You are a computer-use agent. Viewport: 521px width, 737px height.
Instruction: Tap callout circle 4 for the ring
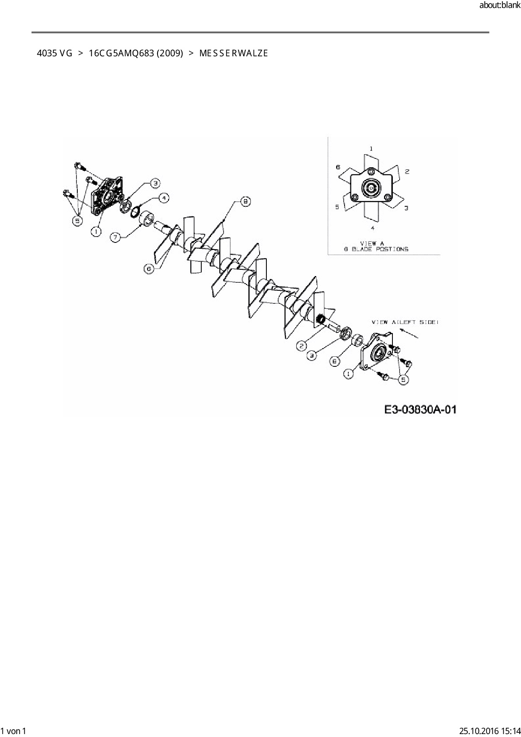click(x=164, y=197)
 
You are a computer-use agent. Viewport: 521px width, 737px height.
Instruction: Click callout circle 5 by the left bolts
click(x=77, y=220)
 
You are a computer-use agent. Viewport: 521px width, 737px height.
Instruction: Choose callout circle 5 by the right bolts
click(x=403, y=379)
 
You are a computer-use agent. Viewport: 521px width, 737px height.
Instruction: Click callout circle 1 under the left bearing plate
click(x=97, y=231)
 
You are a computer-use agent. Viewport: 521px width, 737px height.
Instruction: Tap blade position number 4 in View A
click(x=372, y=228)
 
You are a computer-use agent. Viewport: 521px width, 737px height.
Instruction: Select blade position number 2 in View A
click(x=407, y=171)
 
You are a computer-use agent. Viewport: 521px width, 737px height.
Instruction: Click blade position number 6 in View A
click(x=338, y=167)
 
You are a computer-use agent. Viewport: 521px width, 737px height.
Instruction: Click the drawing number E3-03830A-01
click(x=420, y=409)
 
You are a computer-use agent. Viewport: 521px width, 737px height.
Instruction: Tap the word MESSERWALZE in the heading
click(x=233, y=53)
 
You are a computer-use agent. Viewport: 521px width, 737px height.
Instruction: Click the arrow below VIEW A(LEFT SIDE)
click(x=410, y=333)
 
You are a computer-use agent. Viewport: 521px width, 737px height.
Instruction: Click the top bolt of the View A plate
click(x=371, y=173)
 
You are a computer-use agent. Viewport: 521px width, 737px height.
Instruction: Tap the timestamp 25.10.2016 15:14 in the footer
click(x=489, y=731)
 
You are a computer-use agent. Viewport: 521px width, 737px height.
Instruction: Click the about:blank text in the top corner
click(x=500, y=5)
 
